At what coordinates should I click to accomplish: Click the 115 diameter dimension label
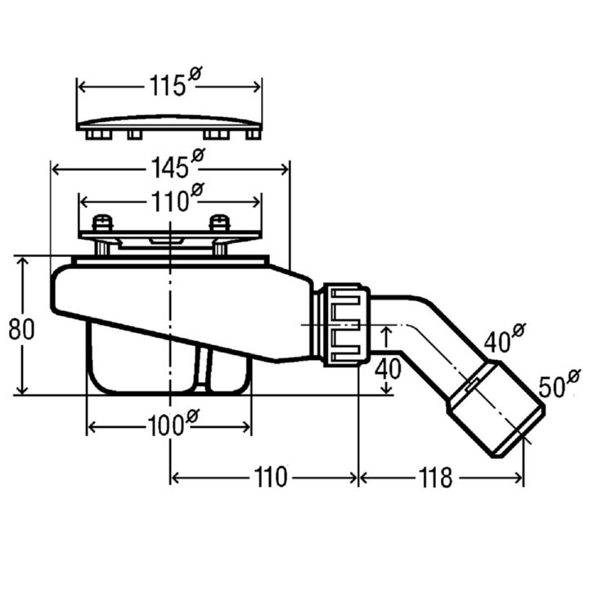(x=175, y=82)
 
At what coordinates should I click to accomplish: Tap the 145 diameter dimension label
(x=178, y=164)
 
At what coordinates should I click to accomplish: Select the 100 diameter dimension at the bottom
(x=173, y=424)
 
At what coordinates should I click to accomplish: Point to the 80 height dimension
(x=21, y=329)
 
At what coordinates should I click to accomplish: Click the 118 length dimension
(x=436, y=478)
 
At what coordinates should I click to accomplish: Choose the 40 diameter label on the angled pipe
(x=504, y=337)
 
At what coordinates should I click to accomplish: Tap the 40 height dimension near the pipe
(x=388, y=368)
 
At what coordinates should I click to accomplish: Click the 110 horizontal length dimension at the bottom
(x=271, y=478)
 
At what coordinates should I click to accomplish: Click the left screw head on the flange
(x=102, y=223)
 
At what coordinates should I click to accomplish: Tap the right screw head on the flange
(x=219, y=223)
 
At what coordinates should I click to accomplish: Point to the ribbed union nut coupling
(x=347, y=325)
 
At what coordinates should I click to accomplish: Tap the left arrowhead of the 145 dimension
(x=56, y=170)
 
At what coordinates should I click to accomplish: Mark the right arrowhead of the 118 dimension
(x=519, y=479)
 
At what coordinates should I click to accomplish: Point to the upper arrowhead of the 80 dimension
(x=23, y=262)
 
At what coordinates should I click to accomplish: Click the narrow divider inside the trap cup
(x=204, y=368)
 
